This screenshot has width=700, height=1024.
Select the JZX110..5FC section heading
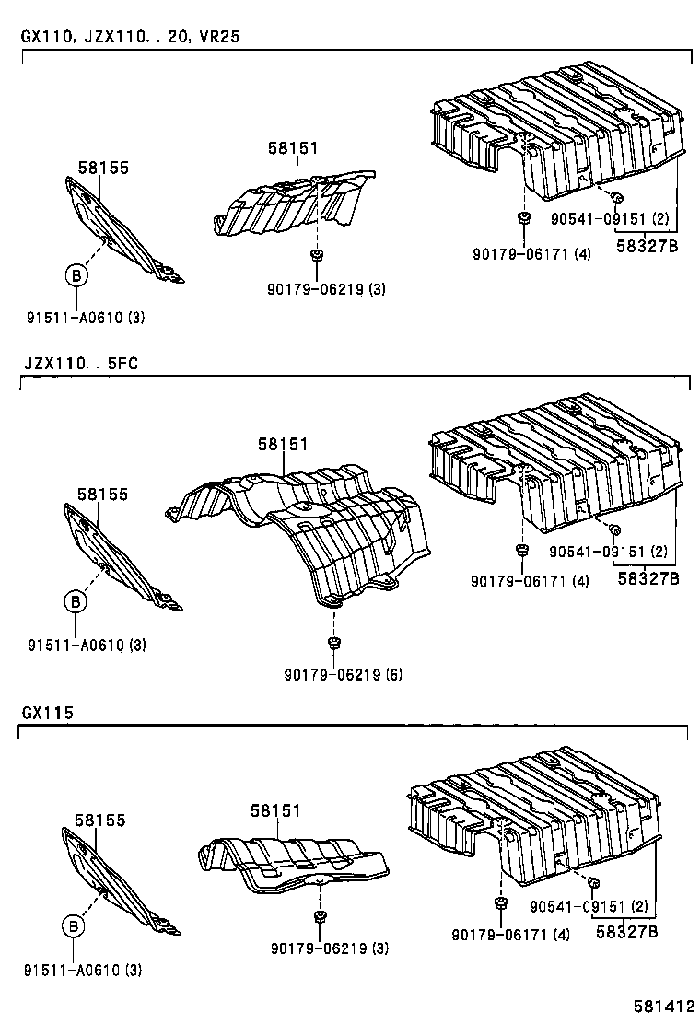(80, 363)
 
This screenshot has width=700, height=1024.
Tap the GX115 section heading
(47, 713)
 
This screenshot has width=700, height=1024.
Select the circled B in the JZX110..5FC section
(75, 601)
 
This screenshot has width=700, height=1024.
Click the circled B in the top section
(76, 274)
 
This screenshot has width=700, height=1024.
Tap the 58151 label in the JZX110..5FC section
(283, 444)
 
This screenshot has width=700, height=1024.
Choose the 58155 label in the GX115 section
(100, 820)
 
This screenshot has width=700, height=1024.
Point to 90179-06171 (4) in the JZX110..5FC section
(530, 581)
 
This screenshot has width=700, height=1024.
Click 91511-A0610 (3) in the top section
(86, 319)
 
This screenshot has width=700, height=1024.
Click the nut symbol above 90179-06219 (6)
(331, 641)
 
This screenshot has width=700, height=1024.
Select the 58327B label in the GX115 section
(626, 931)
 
